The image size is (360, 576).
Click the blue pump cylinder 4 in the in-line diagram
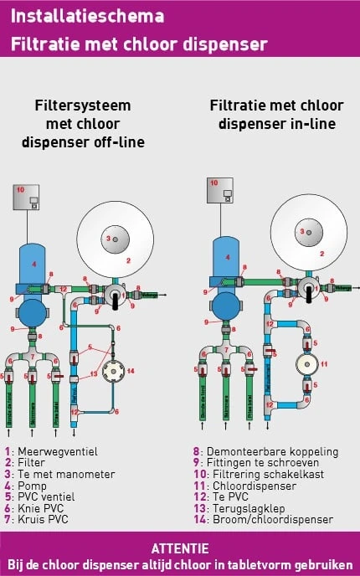pyautogui.click(x=224, y=257)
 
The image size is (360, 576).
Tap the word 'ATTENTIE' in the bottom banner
pyautogui.click(x=180, y=548)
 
